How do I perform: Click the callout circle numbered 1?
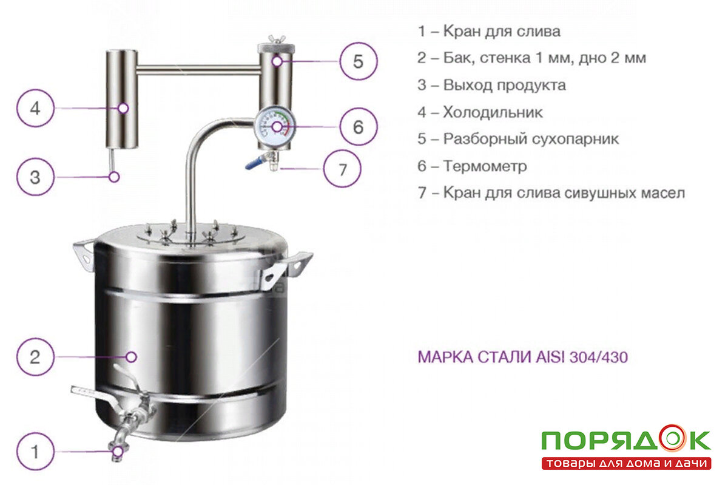(35, 452)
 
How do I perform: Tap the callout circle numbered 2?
(35, 356)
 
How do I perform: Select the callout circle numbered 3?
(35, 177)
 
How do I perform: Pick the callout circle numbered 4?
(35, 109)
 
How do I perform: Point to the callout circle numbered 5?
(358, 61)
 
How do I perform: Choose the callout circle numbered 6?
(358, 127)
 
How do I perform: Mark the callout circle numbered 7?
(342, 169)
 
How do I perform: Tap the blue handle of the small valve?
(252, 164)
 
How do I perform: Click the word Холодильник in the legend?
(493, 112)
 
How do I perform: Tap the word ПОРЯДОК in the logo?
(625, 440)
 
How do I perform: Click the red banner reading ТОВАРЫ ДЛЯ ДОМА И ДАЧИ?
(625, 464)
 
